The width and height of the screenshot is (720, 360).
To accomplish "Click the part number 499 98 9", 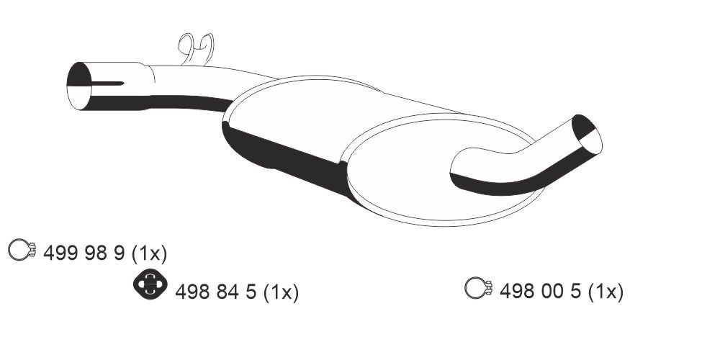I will [85, 253].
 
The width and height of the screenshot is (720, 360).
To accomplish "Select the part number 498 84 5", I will [216, 292].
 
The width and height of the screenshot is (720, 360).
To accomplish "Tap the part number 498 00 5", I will [540, 292].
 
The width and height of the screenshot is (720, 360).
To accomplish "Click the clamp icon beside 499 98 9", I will [22, 251].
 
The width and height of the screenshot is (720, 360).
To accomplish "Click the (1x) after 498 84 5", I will [281, 292].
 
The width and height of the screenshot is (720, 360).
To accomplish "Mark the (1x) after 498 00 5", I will [605, 292].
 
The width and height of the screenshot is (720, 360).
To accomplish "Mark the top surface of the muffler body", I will [324, 108].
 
